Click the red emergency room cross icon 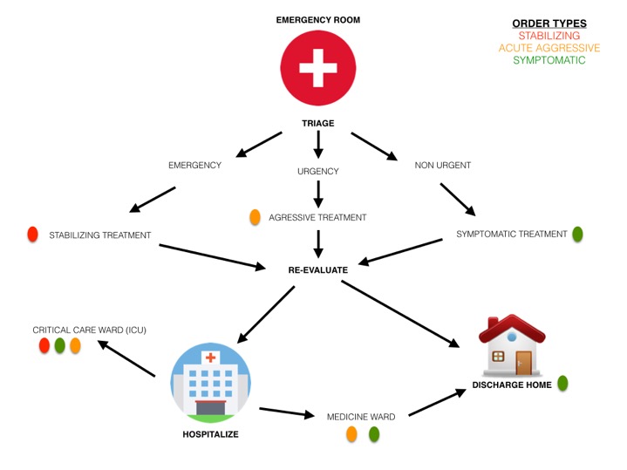(317, 69)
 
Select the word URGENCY (317, 171)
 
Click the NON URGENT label (437, 165)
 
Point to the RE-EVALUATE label (317, 270)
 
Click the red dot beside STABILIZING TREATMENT (32, 234)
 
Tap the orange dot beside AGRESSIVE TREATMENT (256, 217)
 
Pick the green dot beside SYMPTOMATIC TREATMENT (576, 234)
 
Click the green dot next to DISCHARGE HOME (562, 383)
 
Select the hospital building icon (209, 380)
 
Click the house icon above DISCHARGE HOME (512, 344)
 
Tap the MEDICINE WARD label (361, 417)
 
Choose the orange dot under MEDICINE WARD (352, 433)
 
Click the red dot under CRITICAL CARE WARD (44, 346)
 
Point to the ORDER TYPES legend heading (549, 23)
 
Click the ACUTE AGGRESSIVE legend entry (549, 48)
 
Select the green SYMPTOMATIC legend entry (549, 60)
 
